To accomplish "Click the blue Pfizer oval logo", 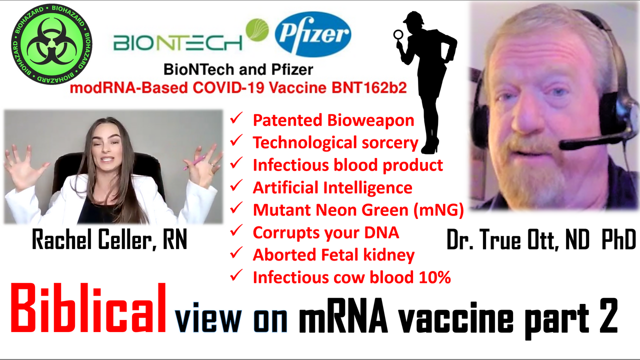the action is (313, 34).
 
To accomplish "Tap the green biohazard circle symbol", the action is (51, 44).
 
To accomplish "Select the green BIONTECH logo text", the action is (177, 43).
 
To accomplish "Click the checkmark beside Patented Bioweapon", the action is (236, 118).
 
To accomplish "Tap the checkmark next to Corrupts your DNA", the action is (236, 230).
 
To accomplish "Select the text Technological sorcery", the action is (335, 142).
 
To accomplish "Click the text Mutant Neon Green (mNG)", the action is (358, 210).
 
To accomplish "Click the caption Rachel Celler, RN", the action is (109, 239).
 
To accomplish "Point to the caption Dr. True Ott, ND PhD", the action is (541, 239).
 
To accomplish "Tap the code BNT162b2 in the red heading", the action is (369, 87).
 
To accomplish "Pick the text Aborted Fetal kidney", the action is (333, 255).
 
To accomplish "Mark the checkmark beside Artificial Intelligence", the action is (236, 185).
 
